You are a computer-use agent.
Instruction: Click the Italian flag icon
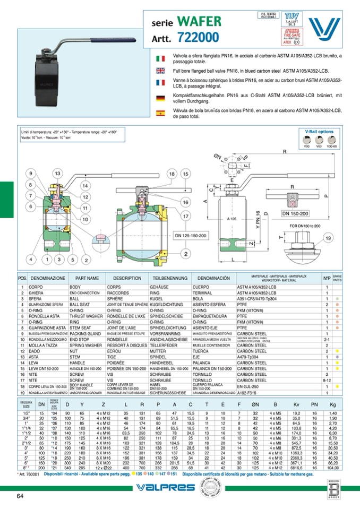pyautogui.click(x=160, y=56)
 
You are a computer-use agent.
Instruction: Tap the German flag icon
pyautogui.click(x=160, y=98)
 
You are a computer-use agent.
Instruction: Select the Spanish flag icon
pyautogui.click(x=160, y=113)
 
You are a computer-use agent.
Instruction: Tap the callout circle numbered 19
pyautogui.click(x=329, y=238)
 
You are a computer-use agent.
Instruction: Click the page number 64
pyautogui.click(x=20, y=496)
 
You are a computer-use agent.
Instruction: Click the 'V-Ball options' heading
pyautogui.click(x=319, y=131)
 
